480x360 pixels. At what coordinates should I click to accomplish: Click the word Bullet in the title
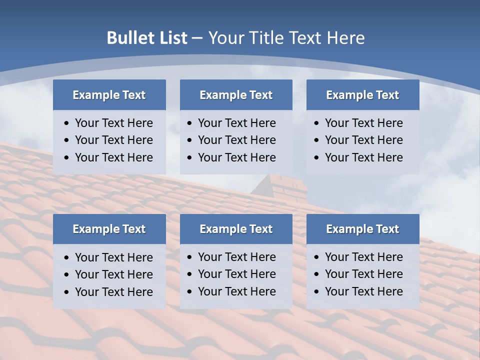tap(128, 38)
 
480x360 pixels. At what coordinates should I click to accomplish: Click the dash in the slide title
tap(197, 38)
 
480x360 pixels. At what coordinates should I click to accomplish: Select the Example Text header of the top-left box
tap(109, 95)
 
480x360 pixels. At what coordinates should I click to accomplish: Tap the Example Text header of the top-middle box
tap(236, 95)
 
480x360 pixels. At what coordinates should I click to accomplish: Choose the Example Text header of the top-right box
tap(362, 95)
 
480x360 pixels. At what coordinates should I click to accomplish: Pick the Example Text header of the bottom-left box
tap(109, 229)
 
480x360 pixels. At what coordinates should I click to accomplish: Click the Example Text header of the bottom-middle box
tap(236, 229)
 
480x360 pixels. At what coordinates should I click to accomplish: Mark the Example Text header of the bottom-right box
tap(362, 229)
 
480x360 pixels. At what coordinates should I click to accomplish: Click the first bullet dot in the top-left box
tap(67, 123)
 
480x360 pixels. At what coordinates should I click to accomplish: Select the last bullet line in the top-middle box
tap(236, 157)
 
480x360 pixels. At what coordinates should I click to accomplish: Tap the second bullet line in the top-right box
tap(363, 140)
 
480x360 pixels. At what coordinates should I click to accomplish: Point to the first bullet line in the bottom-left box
tap(113, 257)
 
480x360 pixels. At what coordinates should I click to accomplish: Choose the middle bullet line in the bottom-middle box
tap(236, 274)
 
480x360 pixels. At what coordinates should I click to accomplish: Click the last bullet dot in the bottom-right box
tap(317, 292)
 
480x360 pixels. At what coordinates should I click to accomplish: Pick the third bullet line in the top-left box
tap(113, 157)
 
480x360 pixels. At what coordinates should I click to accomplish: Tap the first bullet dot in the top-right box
tap(317, 123)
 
